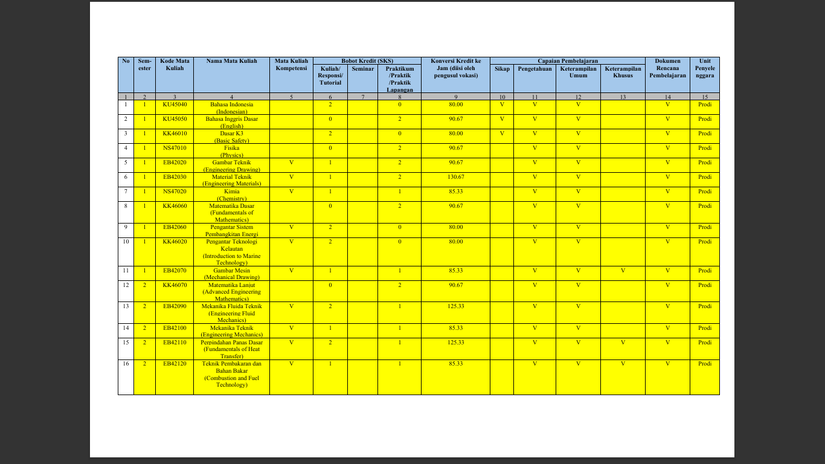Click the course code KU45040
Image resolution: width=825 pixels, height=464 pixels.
(x=174, y=105)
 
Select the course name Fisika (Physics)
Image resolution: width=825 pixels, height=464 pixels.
(x=231, y=151)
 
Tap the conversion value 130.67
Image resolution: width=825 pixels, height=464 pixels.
(x=455, y=177)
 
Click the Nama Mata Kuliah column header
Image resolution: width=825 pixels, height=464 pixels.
(x=231, y=61)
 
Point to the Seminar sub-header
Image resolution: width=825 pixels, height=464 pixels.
(x=362, y=69)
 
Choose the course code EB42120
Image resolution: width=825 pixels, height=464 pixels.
(x=174, y=364)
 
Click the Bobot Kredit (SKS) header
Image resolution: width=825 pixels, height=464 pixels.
(x=367, y=61)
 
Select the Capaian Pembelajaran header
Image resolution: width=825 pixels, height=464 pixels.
(x=567, y=61)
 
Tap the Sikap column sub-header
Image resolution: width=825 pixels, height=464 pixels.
(x=502, y=69)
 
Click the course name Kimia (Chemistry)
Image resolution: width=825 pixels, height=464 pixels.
(x=231, y=195)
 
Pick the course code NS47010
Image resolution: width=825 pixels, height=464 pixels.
(x=174, y=148)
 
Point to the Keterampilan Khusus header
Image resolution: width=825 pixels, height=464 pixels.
(x=623, y=72)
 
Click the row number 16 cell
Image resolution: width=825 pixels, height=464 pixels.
(x=126, y=364)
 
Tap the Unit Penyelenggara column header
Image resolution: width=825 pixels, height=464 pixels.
(x=704, y=68)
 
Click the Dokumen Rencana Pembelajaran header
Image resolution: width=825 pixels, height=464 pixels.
(x=667, y=68)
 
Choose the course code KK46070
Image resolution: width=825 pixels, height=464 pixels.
(x=174, y=285)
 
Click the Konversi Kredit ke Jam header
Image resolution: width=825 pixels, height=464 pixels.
(x=455, y=68)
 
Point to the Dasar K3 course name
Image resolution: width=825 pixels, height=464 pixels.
(x=231, y=137)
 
